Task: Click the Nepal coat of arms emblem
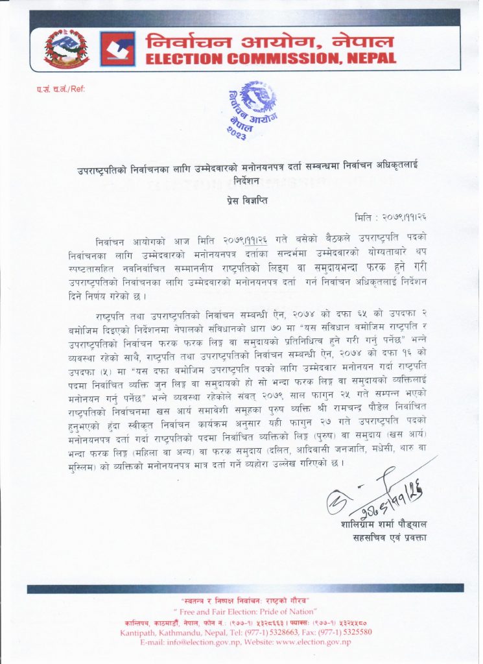tap(67, 49)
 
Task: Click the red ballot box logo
tap(117, 49)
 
